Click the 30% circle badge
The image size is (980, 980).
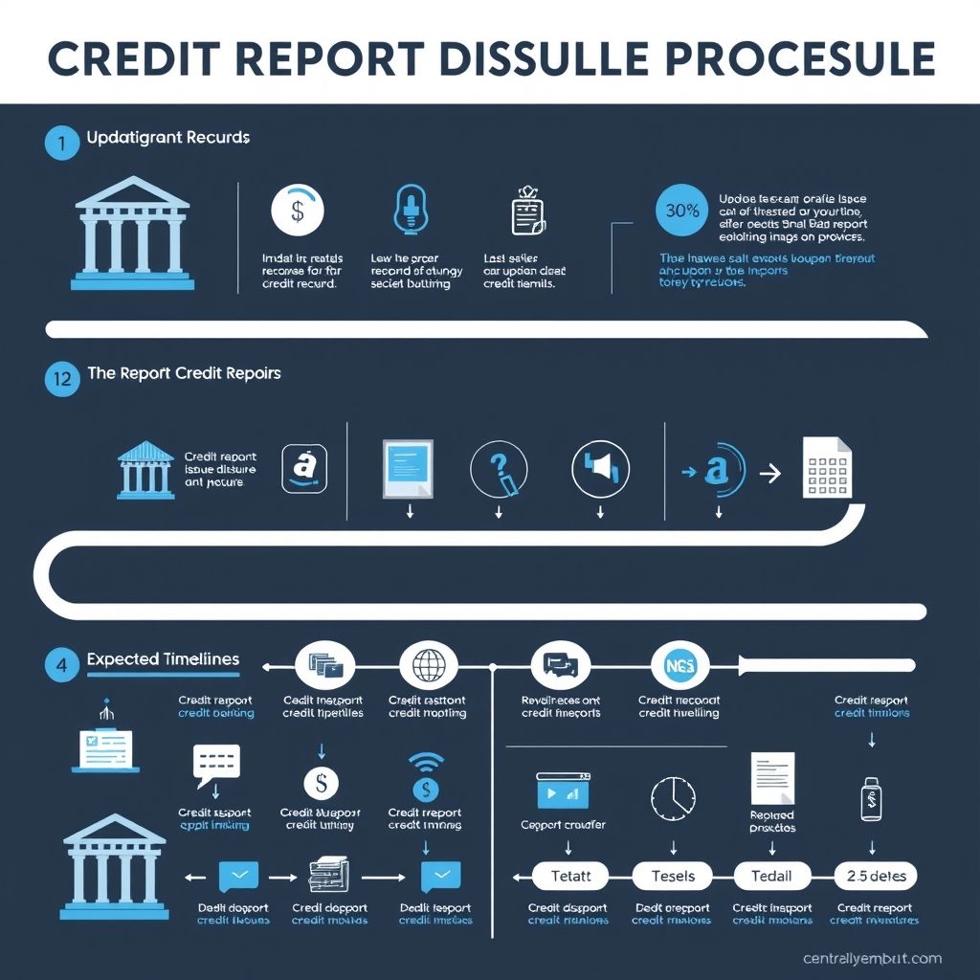(681, 212)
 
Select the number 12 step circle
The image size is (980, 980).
(62, 378)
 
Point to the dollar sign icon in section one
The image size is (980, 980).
(298, 211)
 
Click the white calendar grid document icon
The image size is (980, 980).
(827, 467)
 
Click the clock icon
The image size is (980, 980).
(673, 797)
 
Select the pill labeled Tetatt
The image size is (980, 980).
(571, 876)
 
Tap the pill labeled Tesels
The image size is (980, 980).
(674, 876)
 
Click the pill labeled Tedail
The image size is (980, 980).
(771, 876)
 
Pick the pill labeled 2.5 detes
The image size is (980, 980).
(876, 876)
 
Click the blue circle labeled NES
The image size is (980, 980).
(679, 665)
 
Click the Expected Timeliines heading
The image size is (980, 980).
(163, 659)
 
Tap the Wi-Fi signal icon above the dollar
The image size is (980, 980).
(426, 762)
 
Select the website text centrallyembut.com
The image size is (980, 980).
(873, 958)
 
